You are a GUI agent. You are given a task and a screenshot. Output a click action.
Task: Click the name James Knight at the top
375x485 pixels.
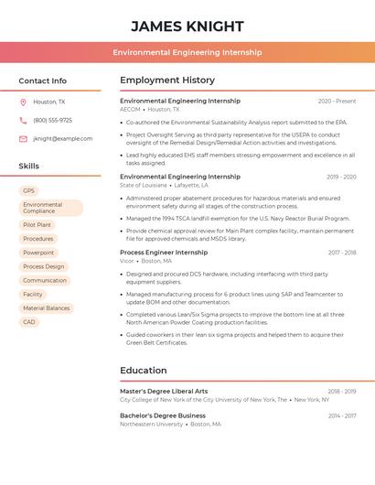[187, 26]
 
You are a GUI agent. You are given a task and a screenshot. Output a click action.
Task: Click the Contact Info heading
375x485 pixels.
[42, 81]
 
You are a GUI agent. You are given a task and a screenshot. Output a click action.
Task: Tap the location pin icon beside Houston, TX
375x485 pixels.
[23, 102]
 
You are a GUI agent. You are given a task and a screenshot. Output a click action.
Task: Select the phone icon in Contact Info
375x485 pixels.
[23, 121]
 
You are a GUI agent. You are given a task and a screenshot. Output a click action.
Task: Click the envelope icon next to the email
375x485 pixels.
[23, 139]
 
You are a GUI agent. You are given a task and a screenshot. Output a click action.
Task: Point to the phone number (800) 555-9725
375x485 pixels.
[52, 121]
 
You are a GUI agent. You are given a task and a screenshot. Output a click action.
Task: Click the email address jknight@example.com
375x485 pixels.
[62, 139]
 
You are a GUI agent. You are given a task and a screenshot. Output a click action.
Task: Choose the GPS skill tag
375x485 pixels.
[29, 191]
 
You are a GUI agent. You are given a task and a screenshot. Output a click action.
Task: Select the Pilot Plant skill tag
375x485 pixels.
[37, 224]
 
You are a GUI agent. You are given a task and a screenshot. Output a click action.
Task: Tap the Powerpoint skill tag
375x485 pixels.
[38, 253]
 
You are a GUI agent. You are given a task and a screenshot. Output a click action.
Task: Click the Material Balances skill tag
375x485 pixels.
[46, 308]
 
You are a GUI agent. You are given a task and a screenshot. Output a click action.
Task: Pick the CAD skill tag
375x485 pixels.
[29, 322]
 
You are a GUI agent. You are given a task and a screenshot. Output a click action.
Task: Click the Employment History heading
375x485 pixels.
[167, 81]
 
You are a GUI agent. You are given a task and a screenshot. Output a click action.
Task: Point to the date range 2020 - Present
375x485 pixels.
[337, 102]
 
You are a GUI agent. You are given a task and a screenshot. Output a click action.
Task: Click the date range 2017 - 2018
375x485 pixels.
[341, 253]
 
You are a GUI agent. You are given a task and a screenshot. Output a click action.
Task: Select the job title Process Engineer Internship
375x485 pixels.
[164, 253]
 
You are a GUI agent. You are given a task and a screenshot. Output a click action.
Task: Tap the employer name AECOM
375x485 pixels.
[130, 110]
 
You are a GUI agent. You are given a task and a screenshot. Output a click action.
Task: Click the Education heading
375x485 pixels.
[143, 371]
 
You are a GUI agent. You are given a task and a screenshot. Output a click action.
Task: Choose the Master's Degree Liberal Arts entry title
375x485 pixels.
[164, 392]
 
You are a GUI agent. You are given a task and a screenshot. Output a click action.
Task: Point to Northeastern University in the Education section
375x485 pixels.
[151, 425]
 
